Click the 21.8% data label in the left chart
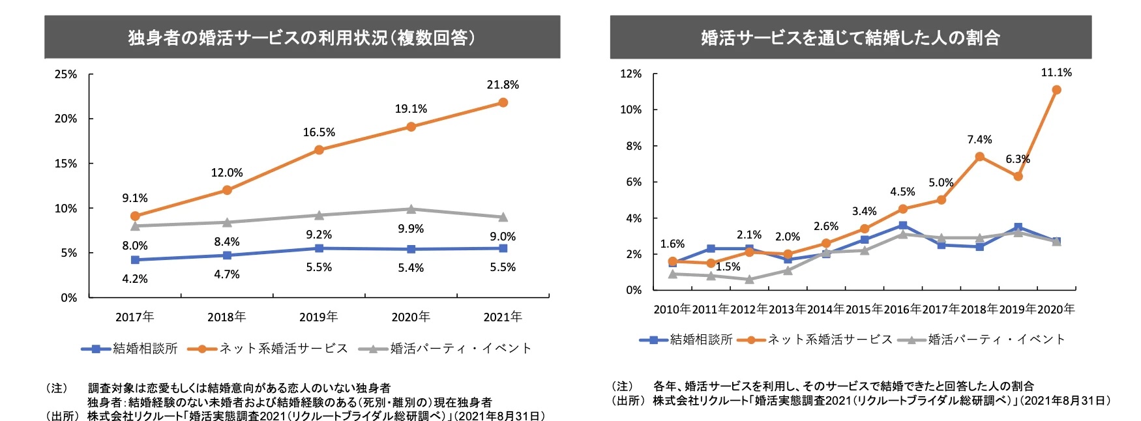[503, 85]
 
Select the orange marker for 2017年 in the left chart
[135, 216]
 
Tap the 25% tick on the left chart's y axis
[66, 74]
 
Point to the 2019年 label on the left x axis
[319, 317]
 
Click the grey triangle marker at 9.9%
[411, 209]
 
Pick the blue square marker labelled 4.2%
[135, 259]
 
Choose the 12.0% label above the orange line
[227, 173]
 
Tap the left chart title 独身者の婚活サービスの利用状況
[302, 38]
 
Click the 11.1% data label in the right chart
[1056, 72]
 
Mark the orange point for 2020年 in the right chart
[1056, 90]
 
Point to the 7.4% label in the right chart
[979, 139]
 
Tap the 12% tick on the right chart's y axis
[630, 74]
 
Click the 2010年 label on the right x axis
[672, 309]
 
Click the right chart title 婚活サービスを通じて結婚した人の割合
[850, 38]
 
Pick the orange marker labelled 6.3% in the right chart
[1018, 176]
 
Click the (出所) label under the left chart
[62, 416]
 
